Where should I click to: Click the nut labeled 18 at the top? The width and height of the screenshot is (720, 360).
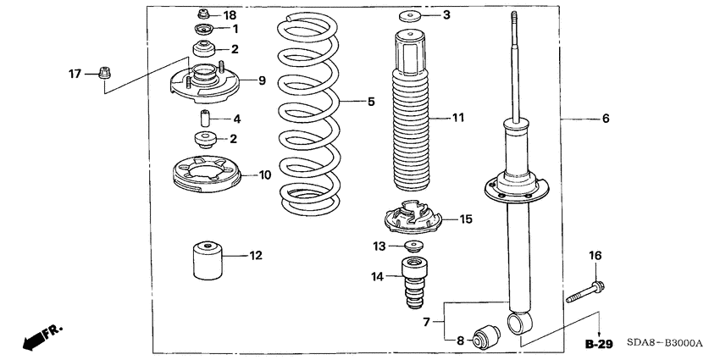point(203,14)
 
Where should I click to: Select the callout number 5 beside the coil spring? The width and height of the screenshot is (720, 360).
point(369,102)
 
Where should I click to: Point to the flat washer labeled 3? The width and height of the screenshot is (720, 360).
point(412,15)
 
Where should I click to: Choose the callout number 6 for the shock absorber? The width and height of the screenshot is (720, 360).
point(605,119)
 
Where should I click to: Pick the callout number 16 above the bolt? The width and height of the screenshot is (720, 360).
point(595,255)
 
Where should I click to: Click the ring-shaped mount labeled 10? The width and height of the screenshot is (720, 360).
point(207,177)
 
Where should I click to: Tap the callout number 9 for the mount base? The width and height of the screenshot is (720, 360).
point(262,80)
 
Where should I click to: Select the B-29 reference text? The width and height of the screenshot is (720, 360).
point(598,345)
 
